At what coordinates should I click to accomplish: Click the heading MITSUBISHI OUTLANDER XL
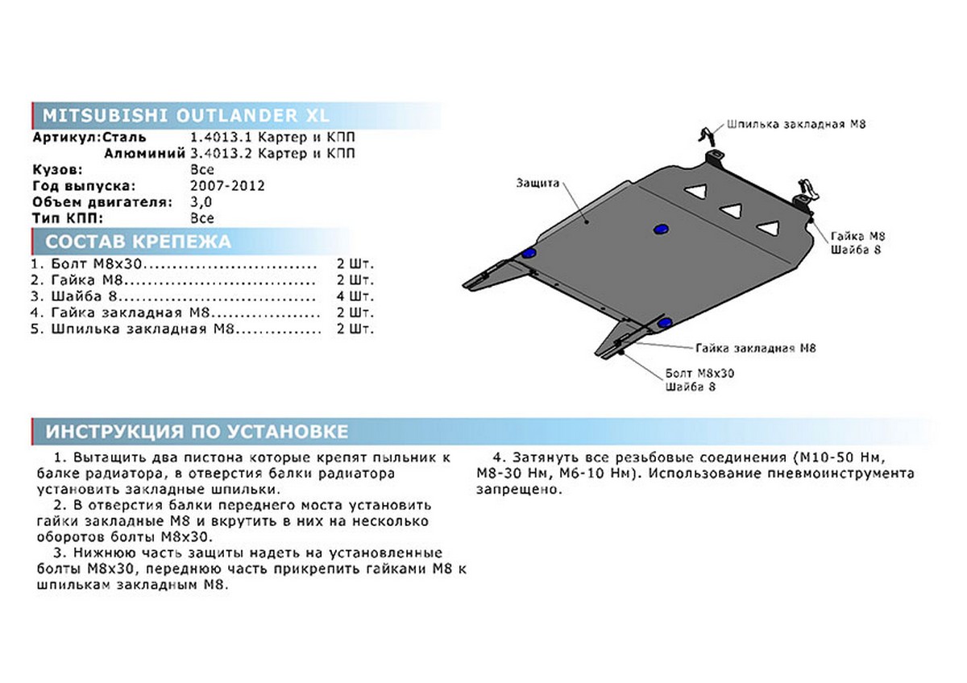(185, 116)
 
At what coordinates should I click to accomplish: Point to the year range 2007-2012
(227, 186)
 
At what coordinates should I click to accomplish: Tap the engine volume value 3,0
(201, 202)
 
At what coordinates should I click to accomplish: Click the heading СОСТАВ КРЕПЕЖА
(138, 242)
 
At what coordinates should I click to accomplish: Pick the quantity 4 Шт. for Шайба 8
(355, 296)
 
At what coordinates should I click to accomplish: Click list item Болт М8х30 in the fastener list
(96, 263)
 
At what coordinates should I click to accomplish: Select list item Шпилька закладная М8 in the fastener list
(143, 329)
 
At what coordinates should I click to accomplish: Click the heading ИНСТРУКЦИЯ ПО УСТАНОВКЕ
(197, 432)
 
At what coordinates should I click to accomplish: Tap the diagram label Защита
(538, 183)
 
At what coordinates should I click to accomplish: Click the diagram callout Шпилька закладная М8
(796, 124)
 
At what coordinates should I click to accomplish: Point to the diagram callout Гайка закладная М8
(756, 348)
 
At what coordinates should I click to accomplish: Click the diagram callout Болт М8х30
(699, 373)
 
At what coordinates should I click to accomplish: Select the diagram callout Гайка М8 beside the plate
(857, 237)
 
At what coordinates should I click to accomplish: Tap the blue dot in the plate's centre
(660, 229)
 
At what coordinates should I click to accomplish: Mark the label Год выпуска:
(84, 186)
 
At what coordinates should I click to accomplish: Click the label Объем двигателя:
(102, 202)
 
